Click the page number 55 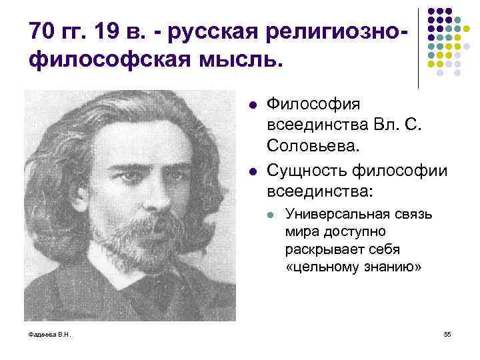[x=447, y=334]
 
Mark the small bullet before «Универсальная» [x=270, y=214]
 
